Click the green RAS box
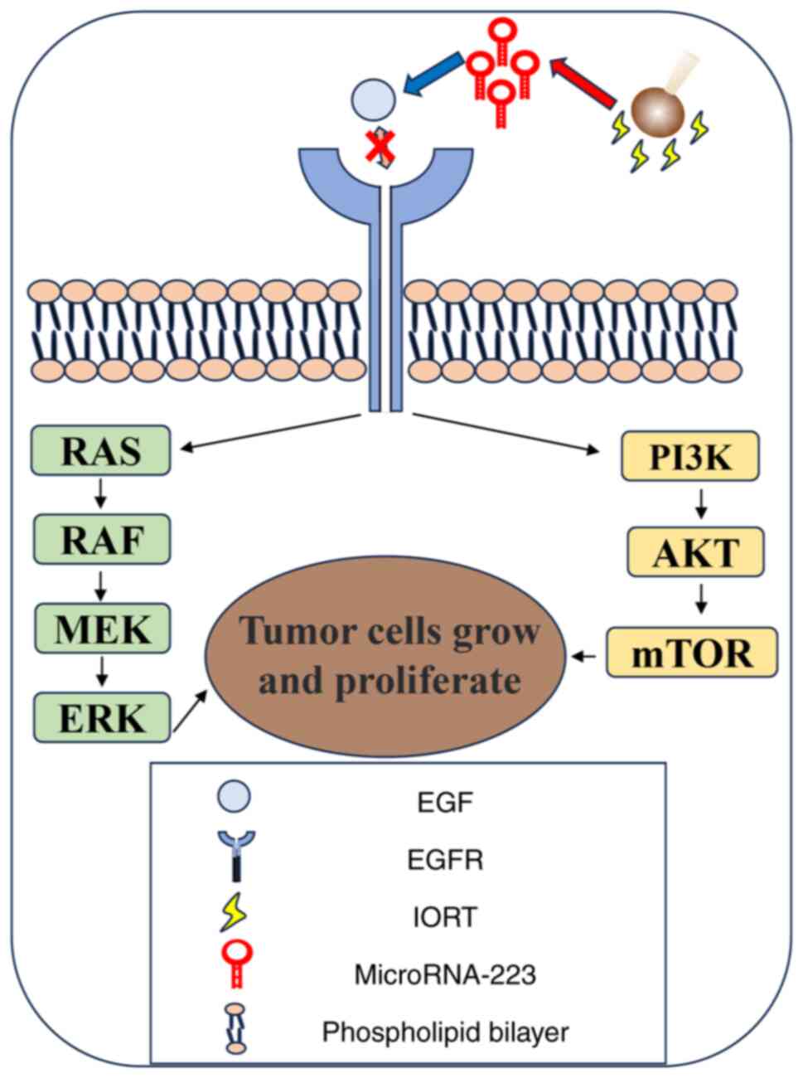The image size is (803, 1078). click(100, 451)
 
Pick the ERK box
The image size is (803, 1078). click(100, 717)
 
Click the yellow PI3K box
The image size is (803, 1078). click(691, 457)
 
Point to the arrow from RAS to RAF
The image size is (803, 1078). click(100, 496)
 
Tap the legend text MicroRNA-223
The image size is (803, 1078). click(445, 974)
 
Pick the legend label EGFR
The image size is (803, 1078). click(445, 859)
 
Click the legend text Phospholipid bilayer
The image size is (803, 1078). click(445, 1032)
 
